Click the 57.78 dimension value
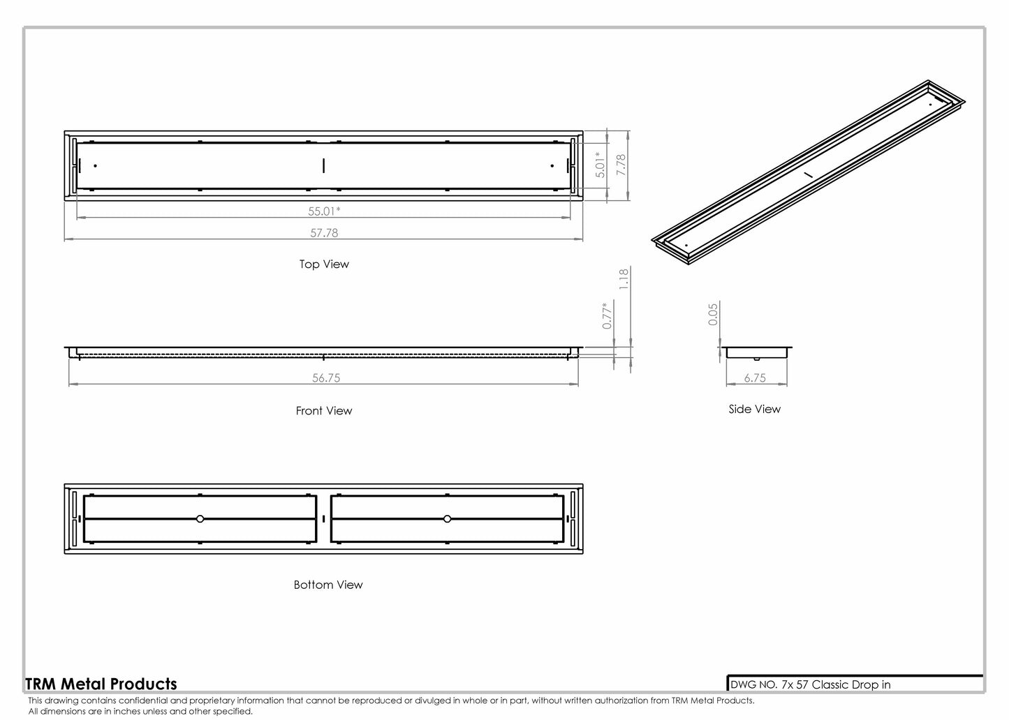pyautogui.click(x=324, y=233)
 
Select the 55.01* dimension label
pyautogui.click(x=324, y=211)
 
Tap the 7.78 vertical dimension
pyautogui.click(x=621, y=165)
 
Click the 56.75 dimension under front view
pyautogui.click(x=326, y=378)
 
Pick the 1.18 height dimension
pyautogui.click(x=624, y=278)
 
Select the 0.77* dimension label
pyautogui.click(x=607, y=315)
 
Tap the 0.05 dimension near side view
pyautogui.click(x=713, y=314)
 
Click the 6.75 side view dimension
pyautogui.click(x=755, y=378)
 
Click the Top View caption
pyautogui.click(x=324, y=264)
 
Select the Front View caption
pyautogui.click(x=324, y=411)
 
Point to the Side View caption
pyautogui.click(x=755, y=410)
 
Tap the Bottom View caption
pyautogui.click(x=328, y=585)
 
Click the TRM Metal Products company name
pyautogui.click(x=101, y=684)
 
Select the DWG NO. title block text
pyautogui.click(x=810, y=685)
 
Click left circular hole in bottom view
pyautogui.click(x=200, y=519)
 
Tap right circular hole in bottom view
pyautogui.click(x=447, y=519)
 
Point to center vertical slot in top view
pyautogui.click(x=324, y=165)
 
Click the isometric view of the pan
pyautogui.click(x=809, y=172)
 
